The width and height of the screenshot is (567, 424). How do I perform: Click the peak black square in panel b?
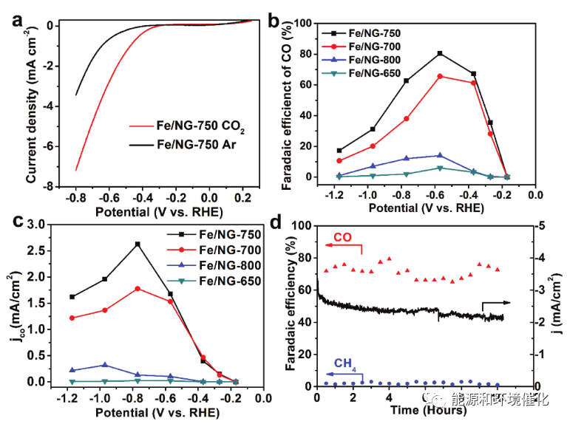coord(440,53)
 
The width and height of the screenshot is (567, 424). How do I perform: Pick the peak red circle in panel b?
coord(440,76)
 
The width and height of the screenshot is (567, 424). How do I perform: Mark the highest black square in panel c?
coord(137,244)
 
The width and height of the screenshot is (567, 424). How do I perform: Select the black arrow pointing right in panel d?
coord(496,304)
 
